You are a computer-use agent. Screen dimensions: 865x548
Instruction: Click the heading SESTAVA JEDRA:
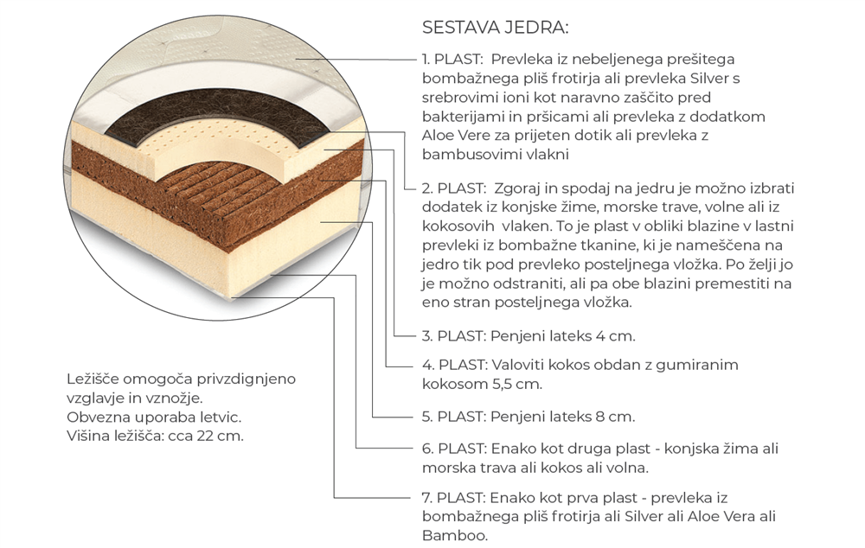(495, 28)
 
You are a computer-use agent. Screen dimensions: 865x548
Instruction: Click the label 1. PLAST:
(453, 59)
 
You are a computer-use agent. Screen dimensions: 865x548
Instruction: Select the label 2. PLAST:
(454, 188)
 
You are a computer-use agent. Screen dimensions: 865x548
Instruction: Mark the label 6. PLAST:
(454, 449)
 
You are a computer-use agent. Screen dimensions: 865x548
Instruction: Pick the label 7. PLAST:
(453, 498)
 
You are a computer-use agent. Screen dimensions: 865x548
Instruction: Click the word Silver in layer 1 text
(709, 79)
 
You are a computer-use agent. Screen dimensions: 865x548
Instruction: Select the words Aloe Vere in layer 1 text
(455, 136)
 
